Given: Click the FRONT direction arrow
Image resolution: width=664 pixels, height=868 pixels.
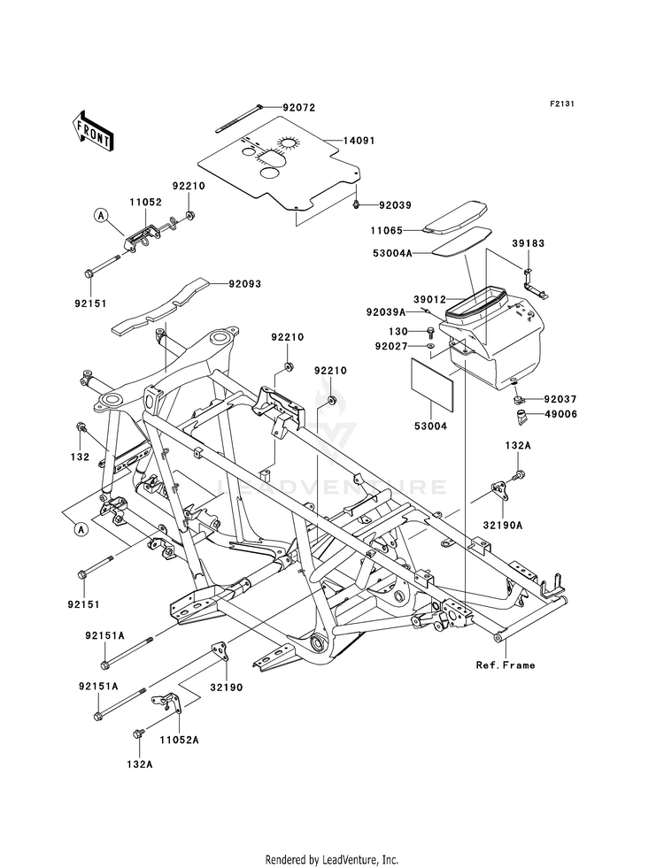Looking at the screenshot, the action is coord(92,130).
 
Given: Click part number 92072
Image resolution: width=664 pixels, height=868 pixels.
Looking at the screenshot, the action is coord(299,108).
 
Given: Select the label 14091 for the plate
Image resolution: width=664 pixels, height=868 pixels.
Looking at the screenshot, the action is coord(359,142).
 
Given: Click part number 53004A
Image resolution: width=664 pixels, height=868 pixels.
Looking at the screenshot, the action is coord(393,254).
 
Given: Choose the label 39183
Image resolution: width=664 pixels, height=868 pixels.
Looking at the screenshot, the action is coord(528,243).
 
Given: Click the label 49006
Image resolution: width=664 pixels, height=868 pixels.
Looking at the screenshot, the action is coord(560,414).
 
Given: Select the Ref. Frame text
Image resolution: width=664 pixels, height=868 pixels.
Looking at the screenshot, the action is coord(506,664).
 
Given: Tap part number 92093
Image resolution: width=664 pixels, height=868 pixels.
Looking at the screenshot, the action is coord(244,284).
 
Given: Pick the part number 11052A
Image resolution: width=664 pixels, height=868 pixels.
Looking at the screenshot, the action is coord(180,740).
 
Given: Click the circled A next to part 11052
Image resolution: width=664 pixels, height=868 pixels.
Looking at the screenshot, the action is coord(100,215).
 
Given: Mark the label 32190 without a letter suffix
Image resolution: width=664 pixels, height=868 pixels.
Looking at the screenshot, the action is coord(226,688).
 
